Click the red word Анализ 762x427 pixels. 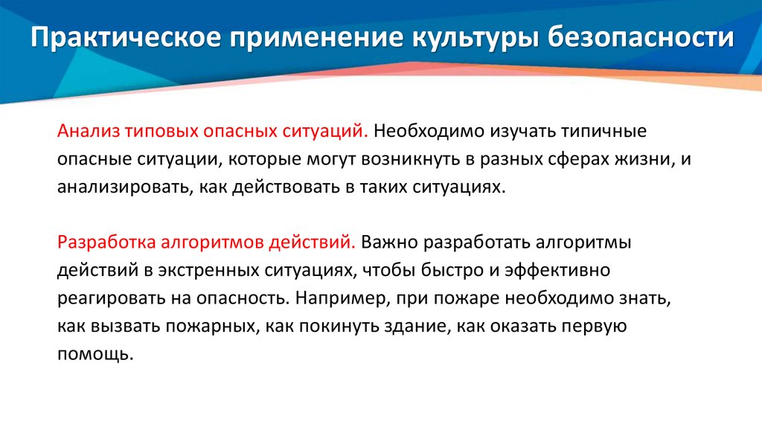86,132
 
